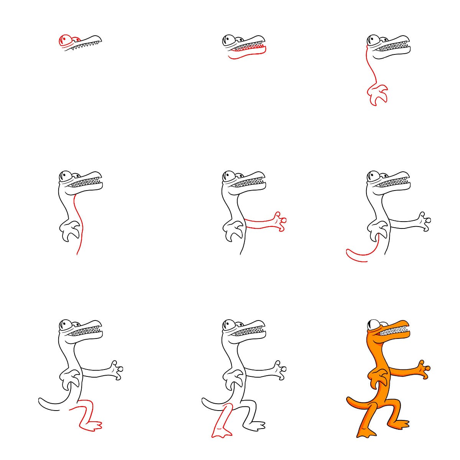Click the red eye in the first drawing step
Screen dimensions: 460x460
tap(65, 39)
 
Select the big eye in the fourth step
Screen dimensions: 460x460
tap(64, 177)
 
